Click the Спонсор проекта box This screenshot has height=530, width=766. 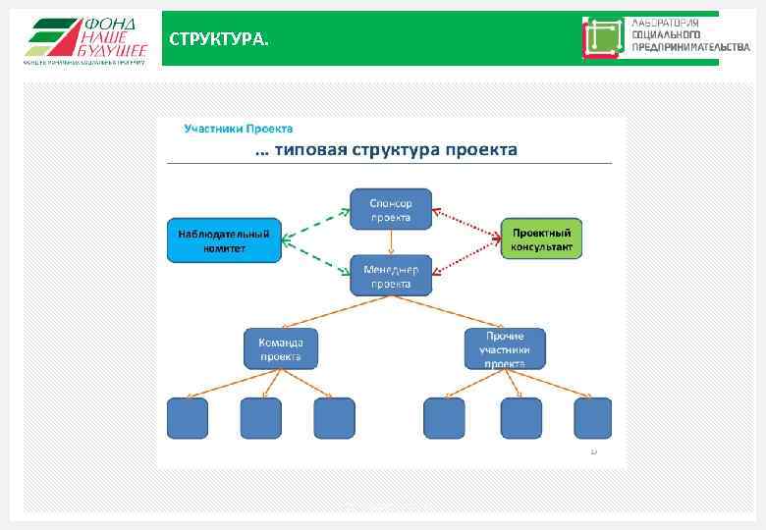(391, 209)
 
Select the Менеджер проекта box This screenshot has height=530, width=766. (391, 276)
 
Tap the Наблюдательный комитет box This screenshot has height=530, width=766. (224, 241)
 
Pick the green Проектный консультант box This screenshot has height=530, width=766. (541, 239)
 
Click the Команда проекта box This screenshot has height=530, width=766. (281, 348)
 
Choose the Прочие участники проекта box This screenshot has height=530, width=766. (505, 348)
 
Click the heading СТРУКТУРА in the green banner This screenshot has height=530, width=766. (217, 40)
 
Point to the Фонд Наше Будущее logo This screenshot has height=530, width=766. (85, 39)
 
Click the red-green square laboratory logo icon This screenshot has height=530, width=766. (603, 38)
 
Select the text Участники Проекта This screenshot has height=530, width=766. (239, 129)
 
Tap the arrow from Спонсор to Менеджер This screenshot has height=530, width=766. (391, 242)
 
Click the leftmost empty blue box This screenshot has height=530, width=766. (188, 418)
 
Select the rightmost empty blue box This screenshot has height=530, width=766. (592, 418)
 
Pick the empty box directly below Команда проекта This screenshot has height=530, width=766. (261, 418)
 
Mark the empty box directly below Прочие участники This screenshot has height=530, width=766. (520, 418)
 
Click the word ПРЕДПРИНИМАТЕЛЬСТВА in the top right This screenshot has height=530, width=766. (691, 47)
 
